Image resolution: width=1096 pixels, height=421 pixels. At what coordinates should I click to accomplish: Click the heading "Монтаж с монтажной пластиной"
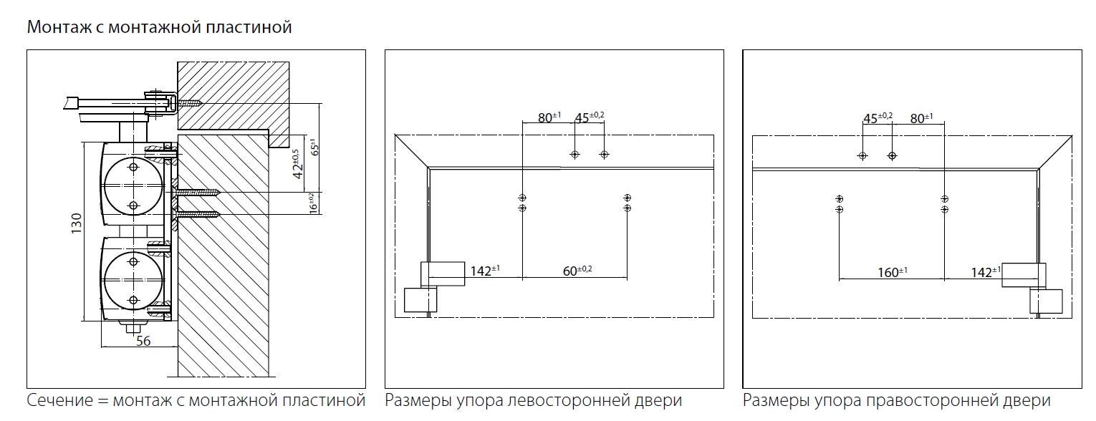click(x=159, y=27)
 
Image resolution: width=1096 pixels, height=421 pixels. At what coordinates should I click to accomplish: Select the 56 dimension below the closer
click(x=143, y=341)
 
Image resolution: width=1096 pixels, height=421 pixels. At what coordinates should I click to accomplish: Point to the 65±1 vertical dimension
click(x=314, y=147)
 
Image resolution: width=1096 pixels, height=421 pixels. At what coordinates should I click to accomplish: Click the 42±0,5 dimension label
click(x=298, y=163)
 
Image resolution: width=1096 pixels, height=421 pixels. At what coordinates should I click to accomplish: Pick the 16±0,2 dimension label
click(x=312, y=203)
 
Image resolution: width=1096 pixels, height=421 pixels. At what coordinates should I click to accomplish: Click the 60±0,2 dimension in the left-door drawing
click(x=577, y=271)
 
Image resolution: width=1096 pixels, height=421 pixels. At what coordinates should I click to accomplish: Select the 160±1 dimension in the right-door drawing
click(x=893, y=272)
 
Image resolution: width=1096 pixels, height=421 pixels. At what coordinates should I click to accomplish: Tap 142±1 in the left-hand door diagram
click(x=485, y=271)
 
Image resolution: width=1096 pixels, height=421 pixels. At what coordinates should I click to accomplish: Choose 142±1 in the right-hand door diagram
click(x=986, y=272)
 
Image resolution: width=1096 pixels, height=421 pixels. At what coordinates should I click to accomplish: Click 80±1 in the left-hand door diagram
click(x=550, y=117)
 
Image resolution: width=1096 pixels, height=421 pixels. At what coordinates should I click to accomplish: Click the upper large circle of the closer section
click(x=133, y=185)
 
